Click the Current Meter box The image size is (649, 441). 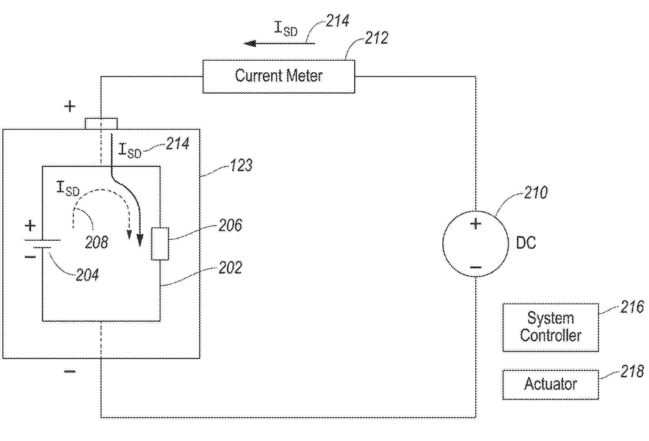click(278, 76)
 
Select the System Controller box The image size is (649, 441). click(550, 327)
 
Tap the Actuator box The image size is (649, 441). click(550, 385)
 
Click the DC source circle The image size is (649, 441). click(475, 244)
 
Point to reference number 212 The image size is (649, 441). click(376, 38)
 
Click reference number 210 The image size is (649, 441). click(535, 193)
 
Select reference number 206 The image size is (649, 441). click(230, 225)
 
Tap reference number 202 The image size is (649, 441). click(230, 268)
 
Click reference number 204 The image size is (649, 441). click(87, 275)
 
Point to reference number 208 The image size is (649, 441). click(96, 242)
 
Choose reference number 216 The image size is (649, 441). click(632, 307)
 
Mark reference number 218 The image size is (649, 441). click(632, 371)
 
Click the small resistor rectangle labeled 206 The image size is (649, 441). click(160, 244)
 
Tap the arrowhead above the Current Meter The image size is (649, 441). click(250, 44)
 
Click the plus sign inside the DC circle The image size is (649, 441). click(476, 224)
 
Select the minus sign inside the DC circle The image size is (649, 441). click(476, 267)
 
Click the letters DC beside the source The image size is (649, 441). click(526, 243)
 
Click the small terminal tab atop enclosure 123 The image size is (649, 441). click(101, 123)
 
